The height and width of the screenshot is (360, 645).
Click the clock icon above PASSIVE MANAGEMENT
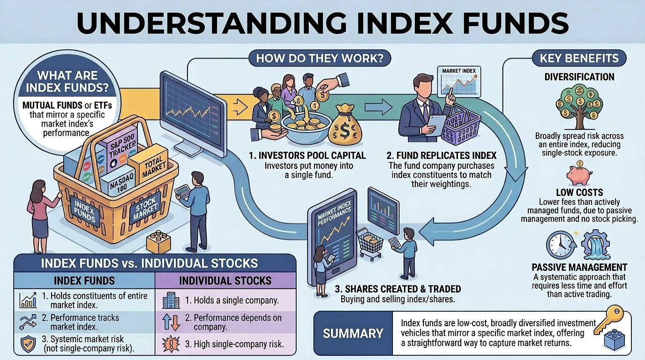(561, 245)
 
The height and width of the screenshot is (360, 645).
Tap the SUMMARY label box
(353, 333)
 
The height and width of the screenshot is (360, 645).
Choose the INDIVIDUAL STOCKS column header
(225, 281)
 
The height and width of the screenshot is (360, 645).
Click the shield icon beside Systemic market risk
(28, 345)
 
